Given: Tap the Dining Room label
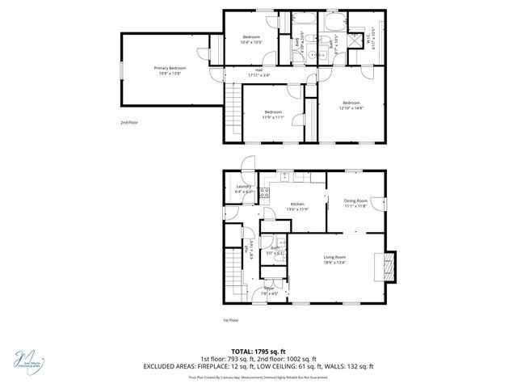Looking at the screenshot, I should pos(355,203).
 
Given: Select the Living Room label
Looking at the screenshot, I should pos(334,259).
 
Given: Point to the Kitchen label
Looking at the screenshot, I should pos(297,206).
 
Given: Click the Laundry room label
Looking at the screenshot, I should pos(243,189).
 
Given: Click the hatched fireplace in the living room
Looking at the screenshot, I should pos(389,266).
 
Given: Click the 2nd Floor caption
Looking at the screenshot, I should pos(128,122).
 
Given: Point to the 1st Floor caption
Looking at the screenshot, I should pos(231,320).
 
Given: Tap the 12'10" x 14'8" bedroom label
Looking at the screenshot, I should pos(350,104).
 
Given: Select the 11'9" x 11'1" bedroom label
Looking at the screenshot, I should pos(273,114).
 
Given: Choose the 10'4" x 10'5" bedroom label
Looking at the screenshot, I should pos(251,40).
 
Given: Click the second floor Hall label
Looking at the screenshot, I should pos(260,71).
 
